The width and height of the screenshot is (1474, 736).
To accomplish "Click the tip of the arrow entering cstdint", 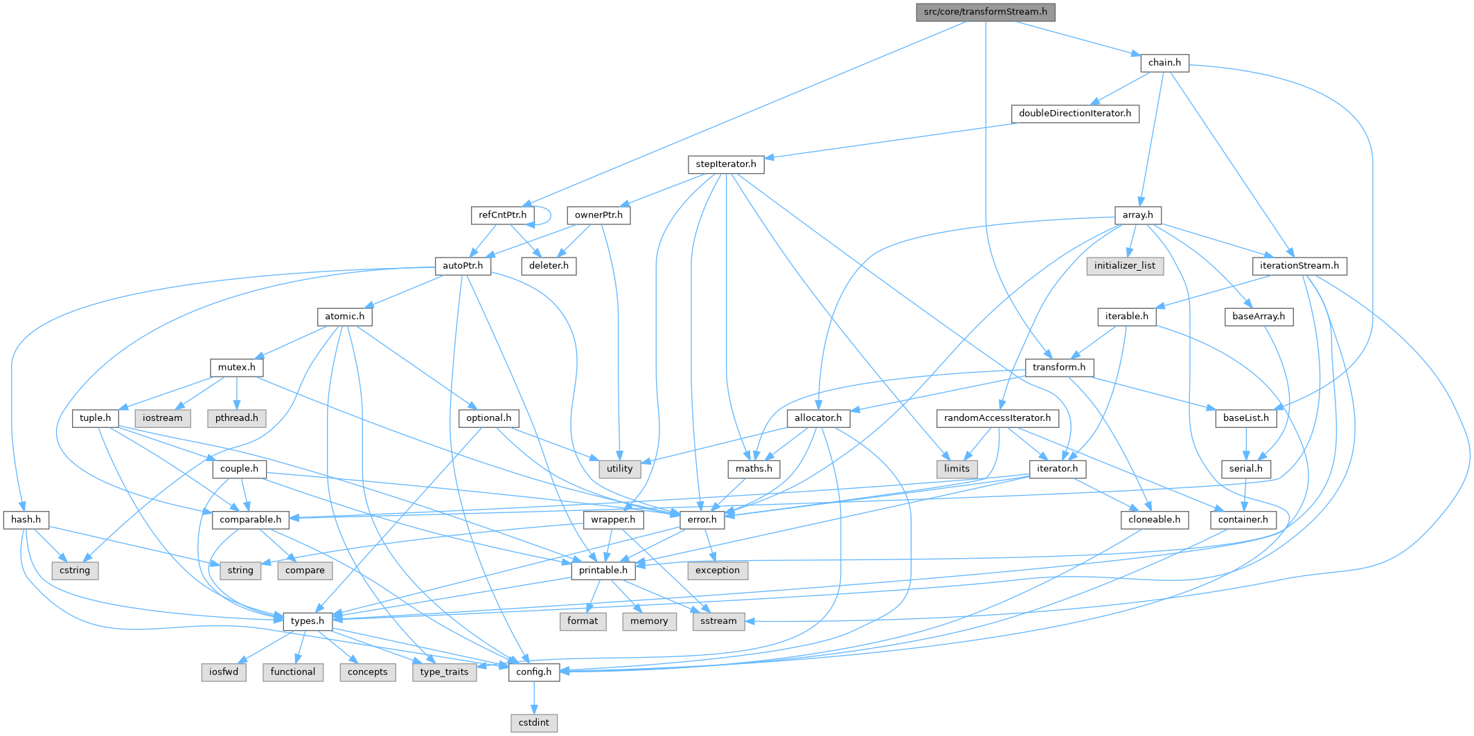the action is click(534, 714).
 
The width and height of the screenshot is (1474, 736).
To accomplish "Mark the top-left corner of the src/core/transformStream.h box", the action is click(916, 3).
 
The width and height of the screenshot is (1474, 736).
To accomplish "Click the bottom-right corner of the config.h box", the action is click(560, 681).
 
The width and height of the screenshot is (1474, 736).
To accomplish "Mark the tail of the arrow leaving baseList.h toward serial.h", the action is click(1246, 427).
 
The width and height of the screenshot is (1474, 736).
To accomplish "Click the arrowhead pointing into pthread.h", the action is click(237, 409).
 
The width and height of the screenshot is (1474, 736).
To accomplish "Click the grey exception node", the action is click(718, 571).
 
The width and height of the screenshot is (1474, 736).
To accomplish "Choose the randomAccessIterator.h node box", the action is click(997, 418).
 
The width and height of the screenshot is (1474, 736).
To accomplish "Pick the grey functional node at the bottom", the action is click(293, 672).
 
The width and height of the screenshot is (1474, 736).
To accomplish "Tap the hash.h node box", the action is click(26, 520).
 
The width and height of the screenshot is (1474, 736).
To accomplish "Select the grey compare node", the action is click(305, 571).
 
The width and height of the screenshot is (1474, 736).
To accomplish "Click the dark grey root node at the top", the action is click(986, 12).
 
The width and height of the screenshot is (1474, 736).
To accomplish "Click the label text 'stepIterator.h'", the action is click(726, 164).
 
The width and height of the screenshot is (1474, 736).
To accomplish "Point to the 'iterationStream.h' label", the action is click(1299, 266).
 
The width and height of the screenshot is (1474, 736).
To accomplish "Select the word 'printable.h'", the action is click(603, 571).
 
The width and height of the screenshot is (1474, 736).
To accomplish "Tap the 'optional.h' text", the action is click(489, 418).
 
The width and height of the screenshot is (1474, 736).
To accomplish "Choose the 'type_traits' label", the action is click(444, 672).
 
